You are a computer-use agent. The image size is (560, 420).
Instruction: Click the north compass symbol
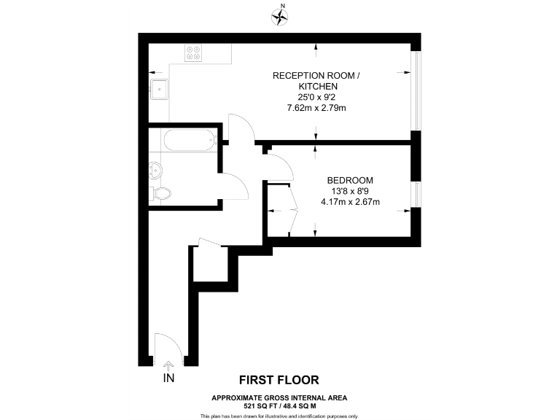pyautogui.click(x=280, y=15)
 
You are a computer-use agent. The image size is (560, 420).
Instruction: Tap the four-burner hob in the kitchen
pyautogui.click(x=194, y=52)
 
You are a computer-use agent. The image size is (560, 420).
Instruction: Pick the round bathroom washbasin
pyautogui.click(x=155, y=171)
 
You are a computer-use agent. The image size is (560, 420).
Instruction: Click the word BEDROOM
pyautogui.click(x=350, y=181)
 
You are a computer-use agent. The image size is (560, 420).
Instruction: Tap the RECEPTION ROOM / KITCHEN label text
pyautogui.click(x=316, y=81)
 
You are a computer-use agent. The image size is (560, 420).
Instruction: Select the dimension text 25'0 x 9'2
pyautogui.click(x=316, y=97)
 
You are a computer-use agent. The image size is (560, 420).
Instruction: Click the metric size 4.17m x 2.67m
pyautogui.click(x=350, y=202)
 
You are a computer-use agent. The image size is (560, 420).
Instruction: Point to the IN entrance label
pyautogui.click(x=169, y=378)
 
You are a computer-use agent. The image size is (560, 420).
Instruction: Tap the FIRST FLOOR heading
pyautogui.click(x=279, y=380)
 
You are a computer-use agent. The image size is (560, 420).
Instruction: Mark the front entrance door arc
pyautogui.click(x=168, y=346)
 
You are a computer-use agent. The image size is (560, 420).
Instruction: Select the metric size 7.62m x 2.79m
pyautogui.click(x=316, y=108)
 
